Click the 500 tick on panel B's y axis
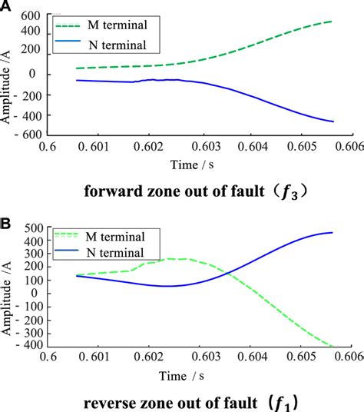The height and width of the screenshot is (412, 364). click(x=31, y=229)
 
